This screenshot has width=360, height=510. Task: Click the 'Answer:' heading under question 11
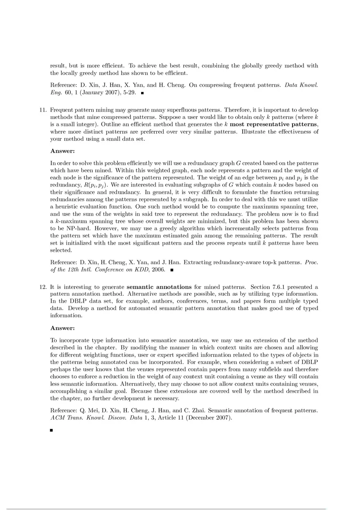pyautogui.click(x=62, y=151)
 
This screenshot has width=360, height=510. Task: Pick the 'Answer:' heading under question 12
pyautogui.click(x=62, y=328)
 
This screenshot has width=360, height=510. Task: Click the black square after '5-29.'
pyautogui.click(x=142, y=93)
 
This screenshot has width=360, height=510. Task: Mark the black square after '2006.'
pyautogui.click(x=172, y=270)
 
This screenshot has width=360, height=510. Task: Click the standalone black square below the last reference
pyautogui.click(x=52, y=430)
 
